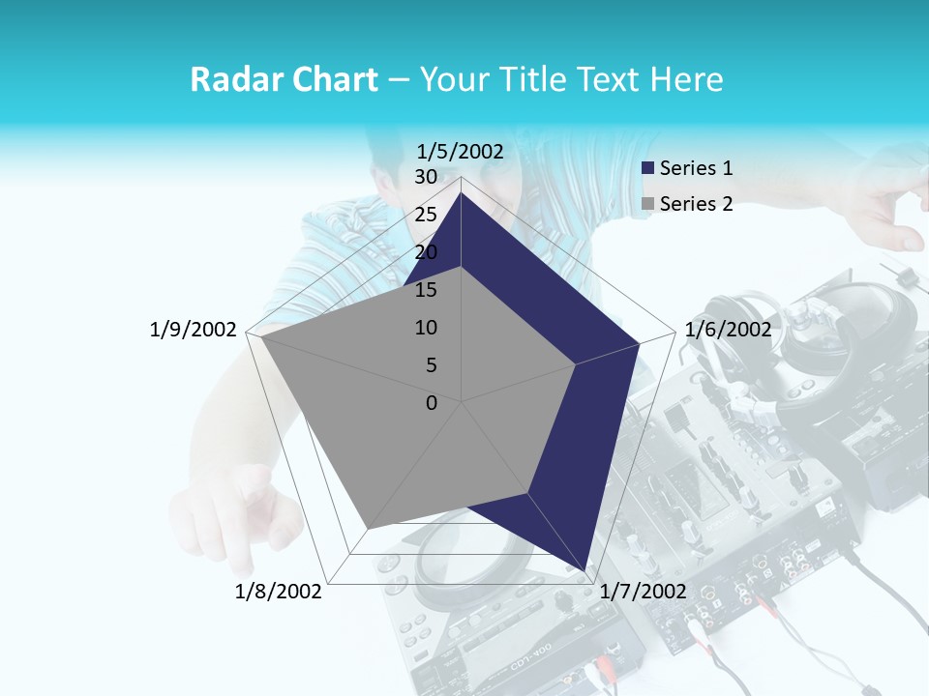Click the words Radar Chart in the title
coord(284,79)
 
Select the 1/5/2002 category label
coord(461,151)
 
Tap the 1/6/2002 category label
coord(728,330)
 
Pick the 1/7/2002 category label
coord(643,591)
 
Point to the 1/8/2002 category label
coord(278,591)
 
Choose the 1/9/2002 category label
coord(193,330)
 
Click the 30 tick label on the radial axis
coord(426,177)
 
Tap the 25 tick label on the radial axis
coord(426,215)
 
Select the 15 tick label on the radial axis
coord(426,290)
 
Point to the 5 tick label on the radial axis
coord(432,365)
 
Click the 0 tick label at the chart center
coord(432,403)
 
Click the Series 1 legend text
coord(696,168)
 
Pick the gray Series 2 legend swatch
coord(648,204)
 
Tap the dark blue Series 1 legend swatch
coord(648,168)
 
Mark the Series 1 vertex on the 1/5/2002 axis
coord(462,192)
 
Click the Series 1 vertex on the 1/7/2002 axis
coord(584,570)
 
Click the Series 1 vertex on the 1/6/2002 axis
coord(639,343)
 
